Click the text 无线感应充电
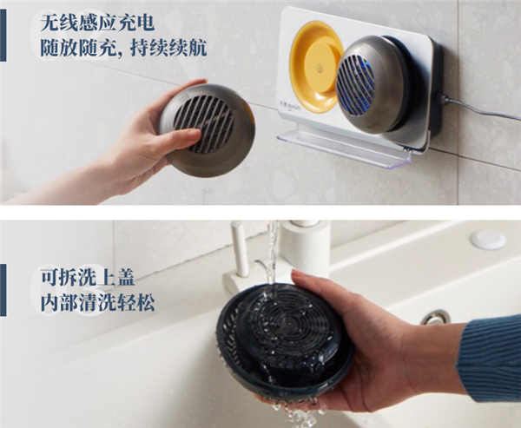[x=97, y=23]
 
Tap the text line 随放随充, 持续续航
[x=123, y=48]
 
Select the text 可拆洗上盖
[x=88, y=277]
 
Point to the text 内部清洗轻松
[x=97, y=302]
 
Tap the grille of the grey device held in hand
[x=203, y=124]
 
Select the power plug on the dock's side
[x=443, y=99]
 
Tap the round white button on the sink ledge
[x=488, y=240]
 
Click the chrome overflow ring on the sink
[x=435, y=318]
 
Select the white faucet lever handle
[x=240, y=249]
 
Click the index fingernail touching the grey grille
[x=194, y=134]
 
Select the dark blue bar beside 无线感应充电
[x=3, y=36]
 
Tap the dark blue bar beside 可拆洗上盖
[x=3, y=290]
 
